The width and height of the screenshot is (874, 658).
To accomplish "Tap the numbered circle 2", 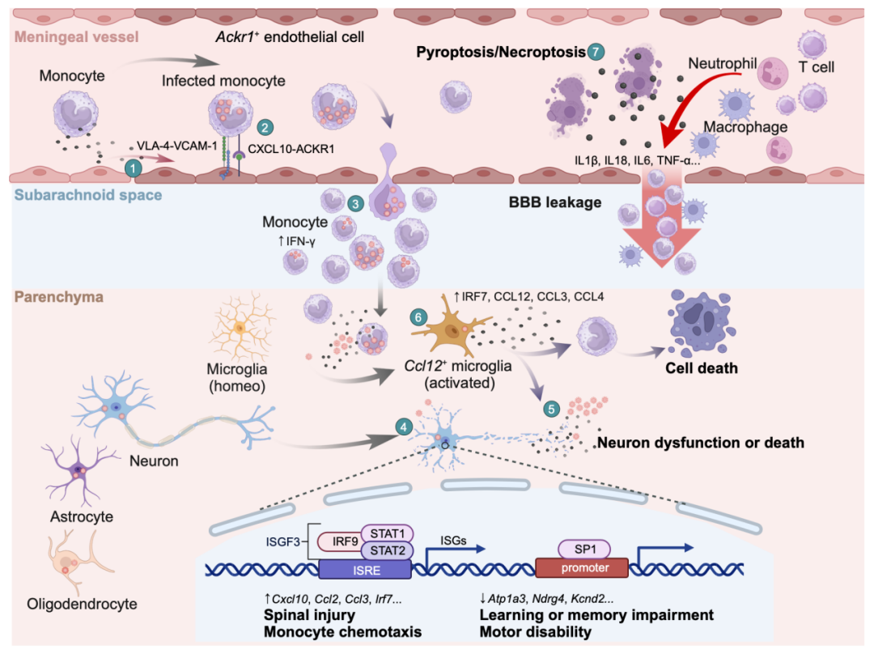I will (x=265, y=127).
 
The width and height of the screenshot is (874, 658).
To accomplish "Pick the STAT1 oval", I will (x=386, y=533).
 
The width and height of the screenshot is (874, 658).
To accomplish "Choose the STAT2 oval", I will (x=387, y=551).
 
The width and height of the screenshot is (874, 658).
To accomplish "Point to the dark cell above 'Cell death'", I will (x=701, y=327).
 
